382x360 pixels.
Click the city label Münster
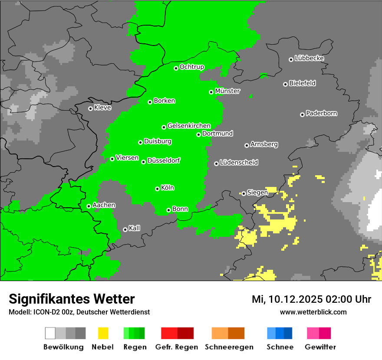[227, 91]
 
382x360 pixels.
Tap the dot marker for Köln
[157, 189]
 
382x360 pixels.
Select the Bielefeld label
[302, 83]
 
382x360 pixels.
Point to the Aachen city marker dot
[89, 206]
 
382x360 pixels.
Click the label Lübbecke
[309, 58]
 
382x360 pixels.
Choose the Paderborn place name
[321, 114]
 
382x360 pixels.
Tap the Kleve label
[102, 108]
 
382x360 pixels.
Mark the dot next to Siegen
[244, 193]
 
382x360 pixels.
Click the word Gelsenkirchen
[189, 126]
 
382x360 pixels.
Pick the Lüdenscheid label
[239, 163]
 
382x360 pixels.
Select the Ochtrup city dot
[176, 68]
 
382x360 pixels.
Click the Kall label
[134, 228]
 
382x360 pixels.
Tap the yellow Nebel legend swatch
[103, 333]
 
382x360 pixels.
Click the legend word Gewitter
[320, 347]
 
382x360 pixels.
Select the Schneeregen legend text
[229, 347]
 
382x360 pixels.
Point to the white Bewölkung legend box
[50, 333]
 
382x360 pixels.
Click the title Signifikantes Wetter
[72, 299]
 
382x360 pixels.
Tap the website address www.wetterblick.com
[313, 312]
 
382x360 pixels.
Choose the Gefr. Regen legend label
[177, 347]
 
